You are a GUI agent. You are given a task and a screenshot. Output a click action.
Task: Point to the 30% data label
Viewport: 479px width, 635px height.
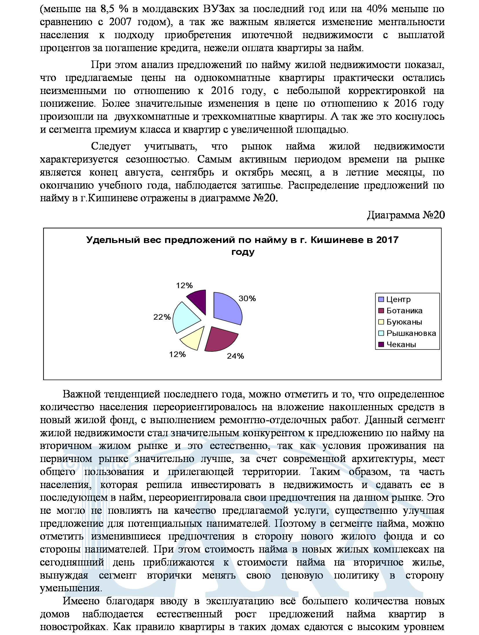pos(247,298)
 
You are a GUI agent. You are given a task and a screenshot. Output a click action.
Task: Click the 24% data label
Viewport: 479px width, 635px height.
pos(235,356)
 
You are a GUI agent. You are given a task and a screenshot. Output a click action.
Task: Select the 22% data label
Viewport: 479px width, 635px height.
pos(162,317)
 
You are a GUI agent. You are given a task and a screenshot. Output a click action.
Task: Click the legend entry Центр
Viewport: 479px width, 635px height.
pos(398,299)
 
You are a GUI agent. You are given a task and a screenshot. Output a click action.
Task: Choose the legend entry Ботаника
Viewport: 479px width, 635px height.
pos(404,310)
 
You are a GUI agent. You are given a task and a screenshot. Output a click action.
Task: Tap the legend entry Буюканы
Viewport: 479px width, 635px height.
pos(404,322)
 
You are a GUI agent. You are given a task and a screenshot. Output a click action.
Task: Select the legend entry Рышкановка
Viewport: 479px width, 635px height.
pos(411,333)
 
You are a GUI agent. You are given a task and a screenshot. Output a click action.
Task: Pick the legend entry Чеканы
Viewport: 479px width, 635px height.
pos(401,344)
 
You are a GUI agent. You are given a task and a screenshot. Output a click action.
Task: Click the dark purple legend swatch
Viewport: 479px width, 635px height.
pos(381,344)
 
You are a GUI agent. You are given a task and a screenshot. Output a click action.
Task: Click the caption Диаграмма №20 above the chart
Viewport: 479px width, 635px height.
pos(406,215)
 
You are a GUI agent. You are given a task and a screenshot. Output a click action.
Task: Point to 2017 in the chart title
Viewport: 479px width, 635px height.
pos(387,240)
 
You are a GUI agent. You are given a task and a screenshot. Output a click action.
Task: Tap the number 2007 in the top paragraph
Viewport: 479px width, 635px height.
pos(120,22)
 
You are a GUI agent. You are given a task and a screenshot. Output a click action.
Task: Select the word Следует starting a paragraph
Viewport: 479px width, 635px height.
pos(111,146)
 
